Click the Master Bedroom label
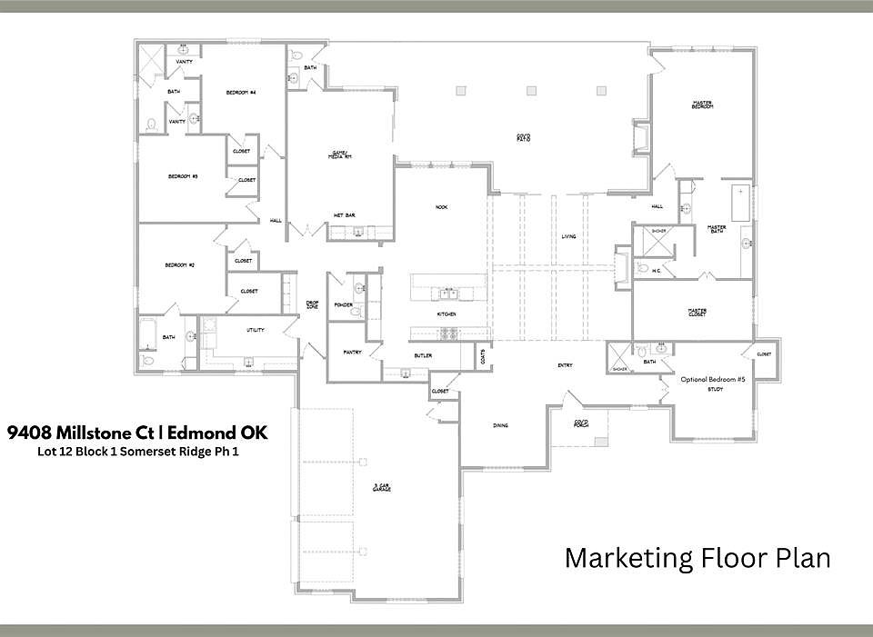(x=701, y=105)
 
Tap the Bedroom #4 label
(x=241, y=93)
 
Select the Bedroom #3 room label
(x=183, y=176)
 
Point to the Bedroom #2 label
(x=180, y=264)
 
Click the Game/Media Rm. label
(x=340, y=154)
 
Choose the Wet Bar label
(x=344, y=215)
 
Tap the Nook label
(x=441, y=207)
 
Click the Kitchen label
(x=446, y=314)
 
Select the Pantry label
(x=353, y=352)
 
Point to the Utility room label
(x=256, y=330)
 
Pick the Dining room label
(x=500, y=425)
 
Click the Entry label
(x=565, y=365)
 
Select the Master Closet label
(x=697, y=313)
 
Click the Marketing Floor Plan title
(x=697, y=557)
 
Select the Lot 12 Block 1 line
(x=127, y=450)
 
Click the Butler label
(x=423, y=356)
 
